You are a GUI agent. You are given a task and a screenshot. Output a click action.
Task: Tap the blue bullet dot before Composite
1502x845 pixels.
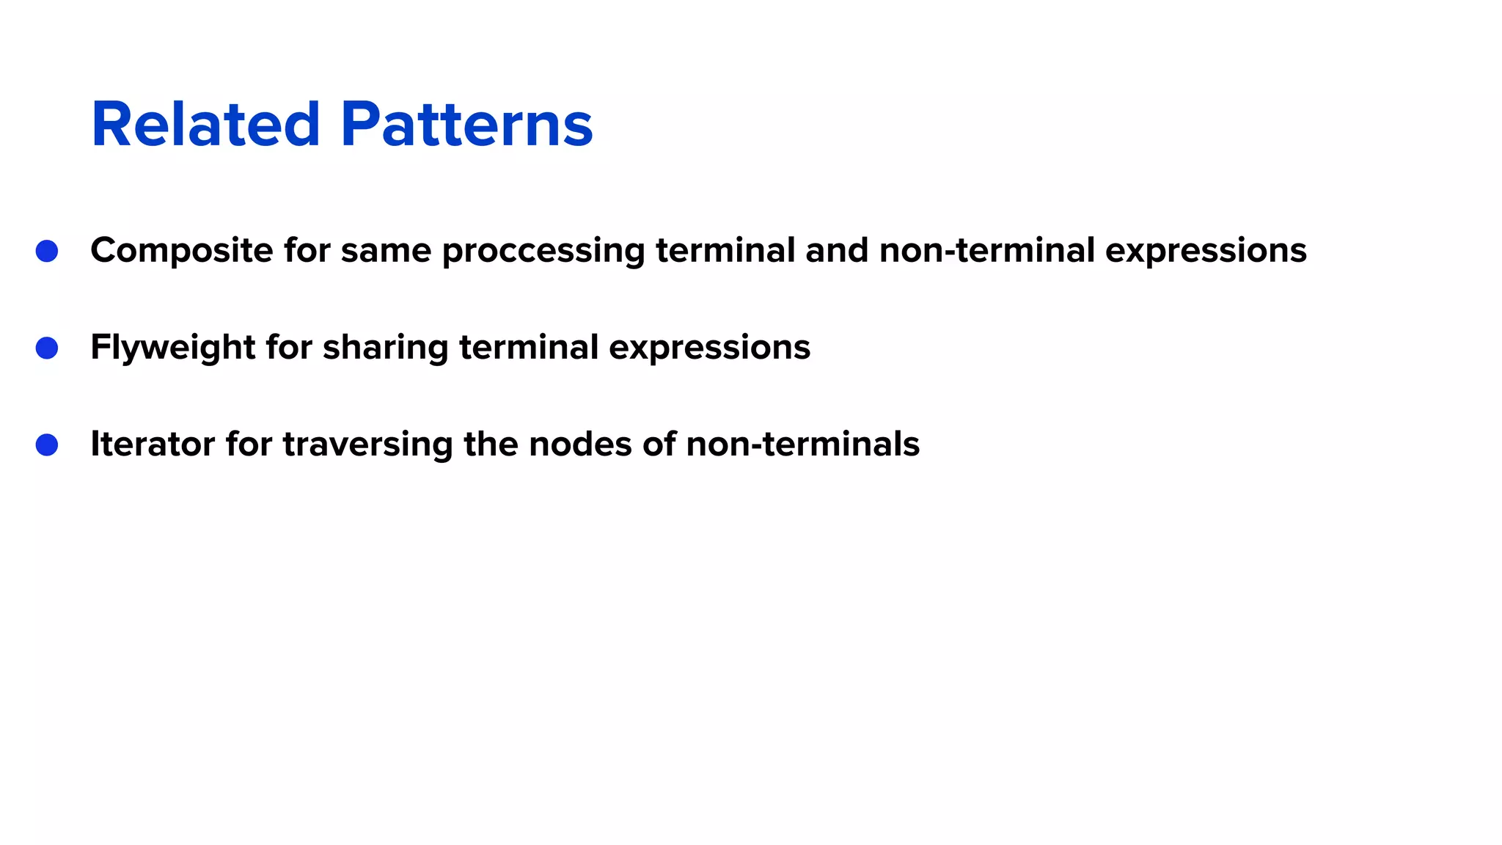tap(47, 251)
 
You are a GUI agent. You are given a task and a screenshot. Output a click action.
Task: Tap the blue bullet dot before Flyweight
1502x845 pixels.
tap(47, 348)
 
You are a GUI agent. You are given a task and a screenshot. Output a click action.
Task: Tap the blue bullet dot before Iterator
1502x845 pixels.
tap(47, 445)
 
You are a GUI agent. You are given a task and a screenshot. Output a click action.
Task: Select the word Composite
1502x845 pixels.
tap(181, 251)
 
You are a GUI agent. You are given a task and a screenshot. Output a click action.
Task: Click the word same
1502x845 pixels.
tap(386, 251)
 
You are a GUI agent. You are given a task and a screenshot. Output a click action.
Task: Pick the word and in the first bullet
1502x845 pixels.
tap(837, 251)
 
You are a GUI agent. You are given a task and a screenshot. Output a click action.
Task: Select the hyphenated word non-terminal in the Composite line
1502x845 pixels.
tap(987, 251)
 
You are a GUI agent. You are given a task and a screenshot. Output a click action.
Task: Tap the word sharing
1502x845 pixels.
tap(385, 348)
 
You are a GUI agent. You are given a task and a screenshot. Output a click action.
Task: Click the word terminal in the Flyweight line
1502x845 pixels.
tap(529, 348)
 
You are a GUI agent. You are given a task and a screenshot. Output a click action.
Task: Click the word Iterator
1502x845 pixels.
tap(153, 445)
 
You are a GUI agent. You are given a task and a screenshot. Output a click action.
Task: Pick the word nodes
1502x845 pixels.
tap(580, 445)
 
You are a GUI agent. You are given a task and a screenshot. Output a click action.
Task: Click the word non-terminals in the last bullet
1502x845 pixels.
tap(802, 445)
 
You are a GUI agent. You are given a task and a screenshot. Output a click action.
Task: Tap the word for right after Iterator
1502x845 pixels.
tap(249, 445)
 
